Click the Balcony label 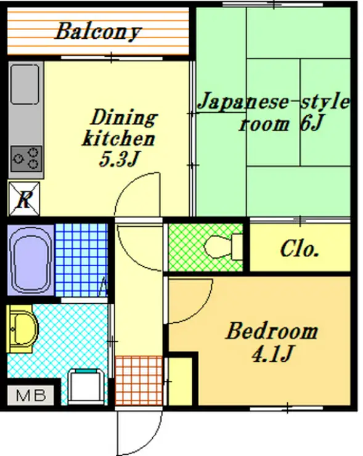tap(99, 31)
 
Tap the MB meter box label tap(31, 395)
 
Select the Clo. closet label tap(300, 249)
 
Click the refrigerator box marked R tap(24, 199)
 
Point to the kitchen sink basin tap(25, 84)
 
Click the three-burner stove tap(26, 159)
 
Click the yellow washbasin tap(22, 329)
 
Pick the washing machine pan tap(86, 386)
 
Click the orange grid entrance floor tap(139, 380)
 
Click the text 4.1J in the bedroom tap(272, 353)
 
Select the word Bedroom tap(272, 332)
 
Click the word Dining tap(124, 118)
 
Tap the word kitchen tap(118, 139)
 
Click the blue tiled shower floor tap(81, 259)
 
